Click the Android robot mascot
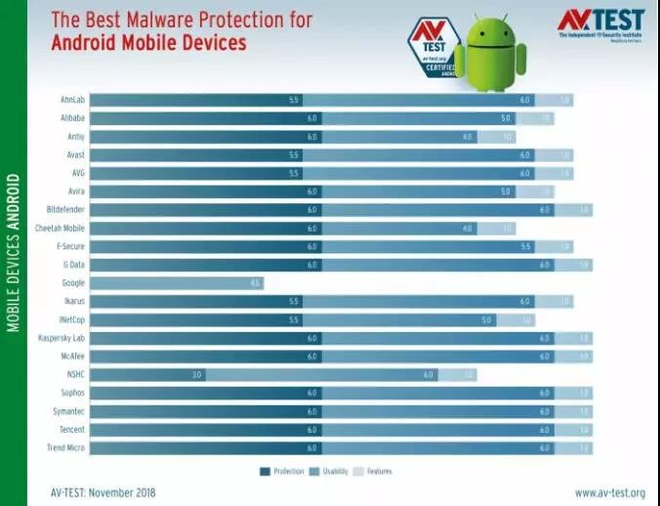pos(490,53)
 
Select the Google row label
pos(72,283)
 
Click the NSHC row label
pos(75,375)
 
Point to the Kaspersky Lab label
pos(62,338)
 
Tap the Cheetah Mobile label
pos(61,228)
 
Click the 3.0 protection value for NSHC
pos(195,375)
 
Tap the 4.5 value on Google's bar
pos(254,283)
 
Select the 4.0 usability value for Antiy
pos(468,137)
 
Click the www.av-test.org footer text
pos(610,493)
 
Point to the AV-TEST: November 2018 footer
pos(103,493)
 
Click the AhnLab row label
pos(72,100)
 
